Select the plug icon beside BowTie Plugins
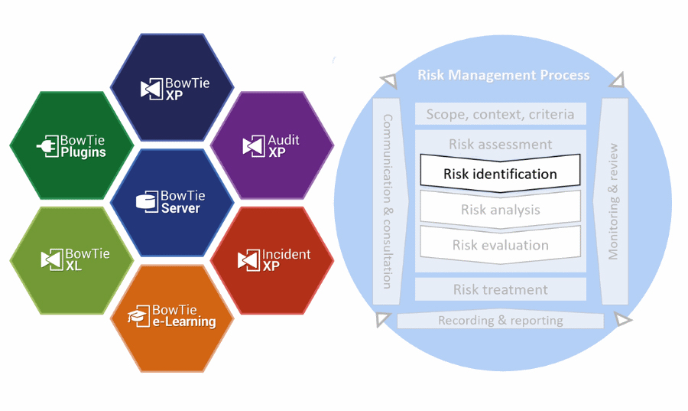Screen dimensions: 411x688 47,145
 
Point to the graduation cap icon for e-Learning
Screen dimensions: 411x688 138,316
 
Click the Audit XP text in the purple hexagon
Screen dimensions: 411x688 283,145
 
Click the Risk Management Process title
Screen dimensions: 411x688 503,75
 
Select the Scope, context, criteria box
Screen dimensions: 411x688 500,114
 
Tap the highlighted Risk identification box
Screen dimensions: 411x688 500,174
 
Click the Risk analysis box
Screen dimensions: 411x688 500,210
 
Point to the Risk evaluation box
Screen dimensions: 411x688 500,245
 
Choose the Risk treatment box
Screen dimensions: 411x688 500,289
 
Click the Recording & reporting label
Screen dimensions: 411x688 500,321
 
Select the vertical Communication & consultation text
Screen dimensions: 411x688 387,201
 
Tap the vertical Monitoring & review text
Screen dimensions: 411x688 613,201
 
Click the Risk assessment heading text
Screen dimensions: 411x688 500,144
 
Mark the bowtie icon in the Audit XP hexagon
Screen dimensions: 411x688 254,146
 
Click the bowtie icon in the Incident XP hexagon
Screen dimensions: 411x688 249,260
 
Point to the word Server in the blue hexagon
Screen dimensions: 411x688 180,208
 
